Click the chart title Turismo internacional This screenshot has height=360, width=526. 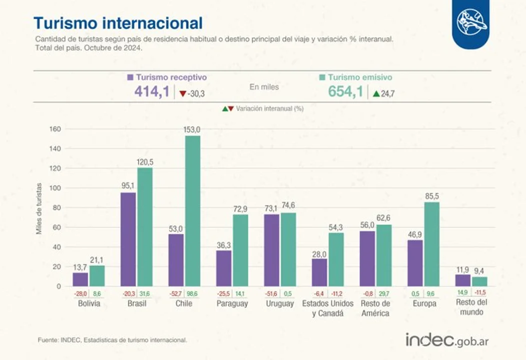[x=118, y=23]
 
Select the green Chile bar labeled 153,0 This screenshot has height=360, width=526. [x=193, y=210]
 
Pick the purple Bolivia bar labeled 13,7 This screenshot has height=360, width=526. [x=80, y=279]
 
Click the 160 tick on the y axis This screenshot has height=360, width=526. [x=55, y=129]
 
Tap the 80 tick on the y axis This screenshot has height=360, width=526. [x=56, y=208]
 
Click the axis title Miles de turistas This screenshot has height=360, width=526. [x=39, y=208]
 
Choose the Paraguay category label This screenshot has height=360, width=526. [x=232, y=303]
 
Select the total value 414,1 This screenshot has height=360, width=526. [x=151, y=92]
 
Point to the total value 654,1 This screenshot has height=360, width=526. [x=345, y=92]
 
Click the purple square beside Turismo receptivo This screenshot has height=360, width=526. [x=130, y=77]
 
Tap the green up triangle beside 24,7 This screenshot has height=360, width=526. [x=376, y=93]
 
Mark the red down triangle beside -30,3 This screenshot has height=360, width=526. [x=183, y=93]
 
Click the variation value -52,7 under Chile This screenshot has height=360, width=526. [x=176, y=293]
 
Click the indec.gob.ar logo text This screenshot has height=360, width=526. [x=447, y=340]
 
